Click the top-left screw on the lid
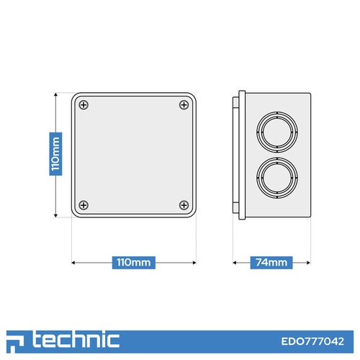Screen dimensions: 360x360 (84, 105)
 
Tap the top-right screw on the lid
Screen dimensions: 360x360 (184, 105)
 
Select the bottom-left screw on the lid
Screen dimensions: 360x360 (84, 205)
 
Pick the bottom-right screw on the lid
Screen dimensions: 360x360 (184, 205)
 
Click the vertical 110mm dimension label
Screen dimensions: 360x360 (55, 154)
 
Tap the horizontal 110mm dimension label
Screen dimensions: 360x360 (134, 263)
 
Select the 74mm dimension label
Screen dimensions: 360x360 (271, 263)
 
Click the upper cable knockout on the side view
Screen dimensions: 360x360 (277, 132)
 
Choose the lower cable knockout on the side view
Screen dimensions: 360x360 (277, 178)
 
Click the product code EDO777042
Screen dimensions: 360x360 (312, 341)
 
